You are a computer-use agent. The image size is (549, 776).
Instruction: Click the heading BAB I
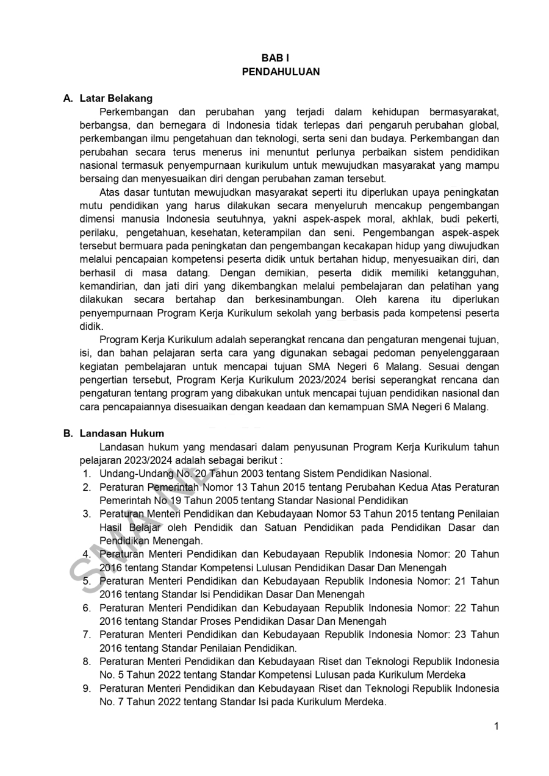274,58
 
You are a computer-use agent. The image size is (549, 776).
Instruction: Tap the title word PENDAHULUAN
281,71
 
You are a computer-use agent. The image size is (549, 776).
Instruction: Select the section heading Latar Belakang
116,98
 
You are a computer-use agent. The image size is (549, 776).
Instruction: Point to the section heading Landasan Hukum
121,433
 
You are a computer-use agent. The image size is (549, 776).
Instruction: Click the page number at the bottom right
497,725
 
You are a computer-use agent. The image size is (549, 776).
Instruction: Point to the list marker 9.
87,688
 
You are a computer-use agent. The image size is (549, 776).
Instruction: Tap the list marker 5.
87,581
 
